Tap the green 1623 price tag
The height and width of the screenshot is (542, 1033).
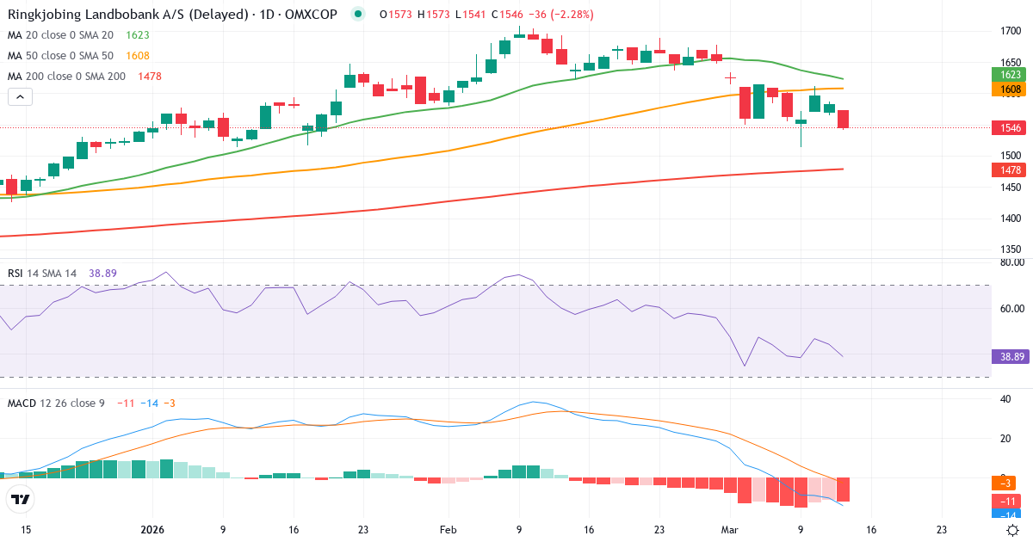(1007, 75)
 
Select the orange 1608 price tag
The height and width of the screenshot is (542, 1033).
(1007, 89)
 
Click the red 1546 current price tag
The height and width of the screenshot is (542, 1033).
(1007, 127)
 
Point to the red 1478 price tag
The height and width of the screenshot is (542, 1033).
(1007, 170)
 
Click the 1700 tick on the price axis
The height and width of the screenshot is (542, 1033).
(1011, 31)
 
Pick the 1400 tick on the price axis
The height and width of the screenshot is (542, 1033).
(1011, 219)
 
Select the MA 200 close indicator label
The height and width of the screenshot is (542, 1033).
(66, 77)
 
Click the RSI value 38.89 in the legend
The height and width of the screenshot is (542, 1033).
(102, 274)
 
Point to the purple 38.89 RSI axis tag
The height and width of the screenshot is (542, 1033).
(1007, 355)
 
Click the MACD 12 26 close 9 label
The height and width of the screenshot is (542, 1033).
(55, 403)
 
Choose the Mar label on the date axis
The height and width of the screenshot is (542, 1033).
(728, 530)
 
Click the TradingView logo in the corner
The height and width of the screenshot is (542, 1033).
(21, 499)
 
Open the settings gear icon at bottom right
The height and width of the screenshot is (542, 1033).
(1013, 530)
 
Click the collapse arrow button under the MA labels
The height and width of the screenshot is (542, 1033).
(21, 97)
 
